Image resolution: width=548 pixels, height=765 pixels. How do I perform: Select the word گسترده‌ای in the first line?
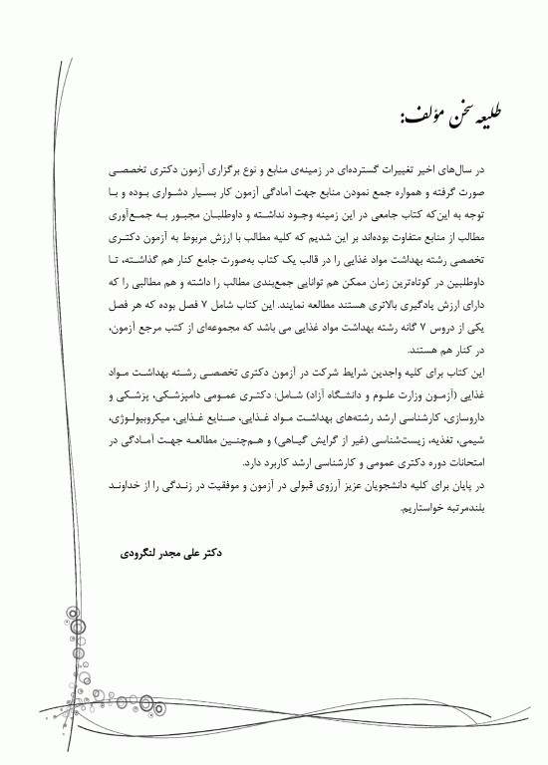[338, 171]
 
